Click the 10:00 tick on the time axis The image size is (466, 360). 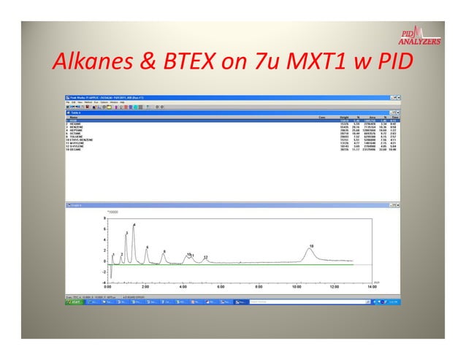click(x=297, y=288)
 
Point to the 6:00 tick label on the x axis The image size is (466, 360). click(x=221, y=288)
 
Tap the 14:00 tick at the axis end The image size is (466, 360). click(x=372, y=288)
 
